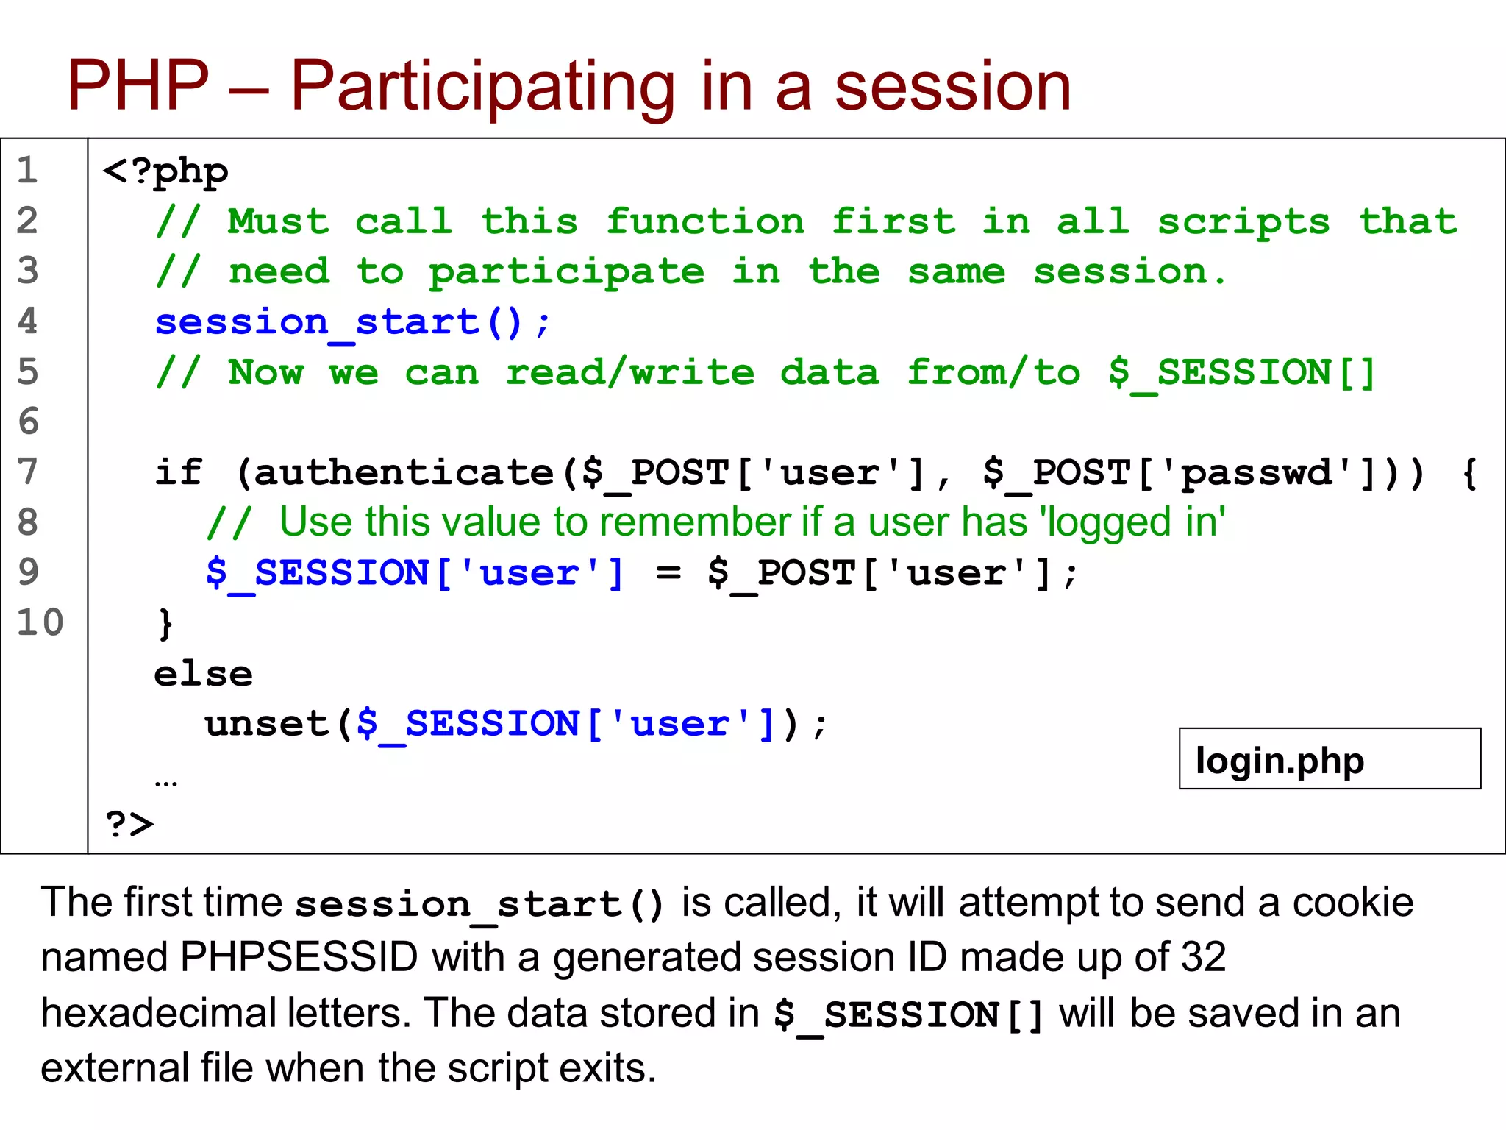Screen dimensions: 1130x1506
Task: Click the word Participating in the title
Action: (482, 87)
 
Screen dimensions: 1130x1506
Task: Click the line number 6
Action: (28, 422)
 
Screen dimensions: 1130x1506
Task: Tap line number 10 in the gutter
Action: (40, 622)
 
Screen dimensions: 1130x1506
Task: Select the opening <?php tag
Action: (165, 172)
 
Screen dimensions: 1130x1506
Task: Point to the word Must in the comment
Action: (278, 222)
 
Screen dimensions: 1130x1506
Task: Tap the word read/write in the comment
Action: (629, 372)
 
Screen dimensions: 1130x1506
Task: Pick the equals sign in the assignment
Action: (668, 572)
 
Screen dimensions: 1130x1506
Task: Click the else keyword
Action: (203, 674)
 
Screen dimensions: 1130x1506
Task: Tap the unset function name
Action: (266, 724)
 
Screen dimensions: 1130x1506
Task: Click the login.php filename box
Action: (1329, 759)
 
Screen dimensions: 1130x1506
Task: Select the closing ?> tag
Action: (129, 824)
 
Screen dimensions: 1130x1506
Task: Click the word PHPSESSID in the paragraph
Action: (299, 957)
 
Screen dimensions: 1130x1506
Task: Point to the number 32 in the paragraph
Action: (1203, 957)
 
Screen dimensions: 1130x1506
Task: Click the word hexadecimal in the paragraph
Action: (157, 1013)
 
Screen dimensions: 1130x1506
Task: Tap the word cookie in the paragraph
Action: (1352, 903)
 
